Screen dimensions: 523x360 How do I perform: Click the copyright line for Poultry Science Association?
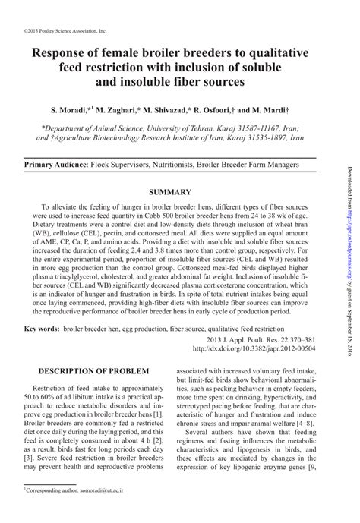coord(56,32)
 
